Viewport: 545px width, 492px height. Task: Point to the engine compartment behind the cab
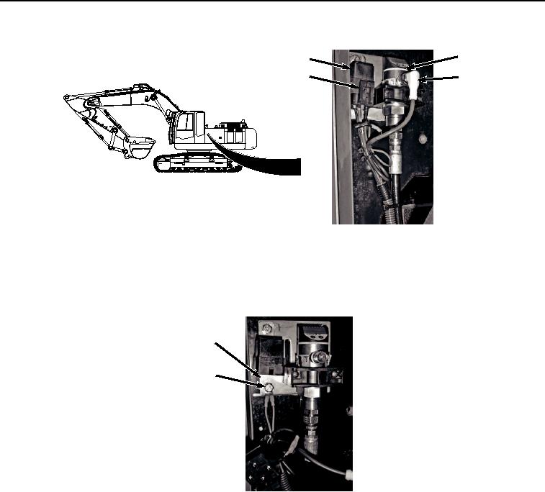pyautogui.click(x=235, y=135)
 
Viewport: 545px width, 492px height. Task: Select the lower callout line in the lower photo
pyautogui.click(x=238, y=381)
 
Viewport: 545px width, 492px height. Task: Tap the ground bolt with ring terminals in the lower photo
pyautogui.click(x=266, y=388)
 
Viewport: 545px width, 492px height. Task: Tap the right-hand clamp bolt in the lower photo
pyautogui.click(x=336, y=374)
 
